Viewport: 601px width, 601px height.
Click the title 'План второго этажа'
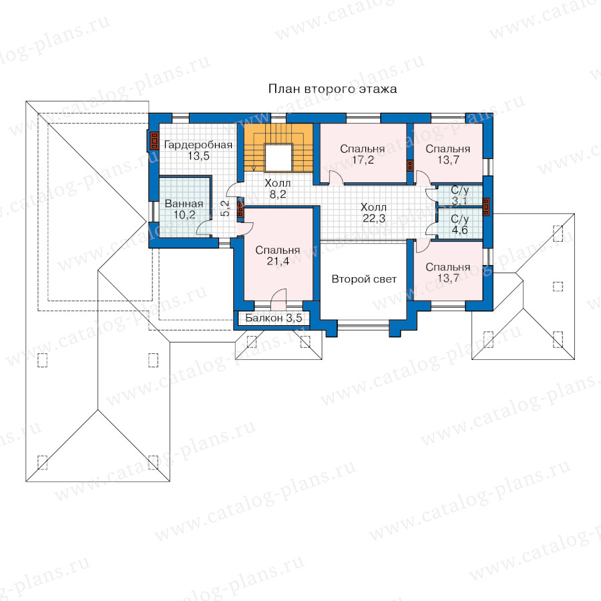point(333,89)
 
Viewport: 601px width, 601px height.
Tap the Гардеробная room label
point(198,145)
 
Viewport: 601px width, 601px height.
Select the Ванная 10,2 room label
point(184,209)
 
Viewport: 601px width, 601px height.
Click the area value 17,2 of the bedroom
point(363,160)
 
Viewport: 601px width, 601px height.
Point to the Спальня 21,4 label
point(278,256)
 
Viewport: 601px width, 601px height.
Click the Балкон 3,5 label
point(274,318)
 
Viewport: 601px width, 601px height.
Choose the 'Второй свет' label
point(364,279)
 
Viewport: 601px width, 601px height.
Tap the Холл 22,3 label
point(373,213)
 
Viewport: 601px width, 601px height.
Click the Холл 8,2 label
point(278,189)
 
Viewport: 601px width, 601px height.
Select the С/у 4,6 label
point(459,224)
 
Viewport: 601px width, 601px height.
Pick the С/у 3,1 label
point(459,196)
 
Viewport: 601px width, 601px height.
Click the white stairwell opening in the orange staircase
point(279,158)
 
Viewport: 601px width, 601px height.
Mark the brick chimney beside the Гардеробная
point(154,141)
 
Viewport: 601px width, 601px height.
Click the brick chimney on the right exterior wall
point(487,207)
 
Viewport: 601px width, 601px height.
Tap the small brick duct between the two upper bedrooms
point(410,166)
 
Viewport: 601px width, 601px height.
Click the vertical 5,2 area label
point(226,208)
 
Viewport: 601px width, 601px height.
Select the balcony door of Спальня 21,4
point(278,298)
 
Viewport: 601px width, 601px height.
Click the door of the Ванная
point(204,229)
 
